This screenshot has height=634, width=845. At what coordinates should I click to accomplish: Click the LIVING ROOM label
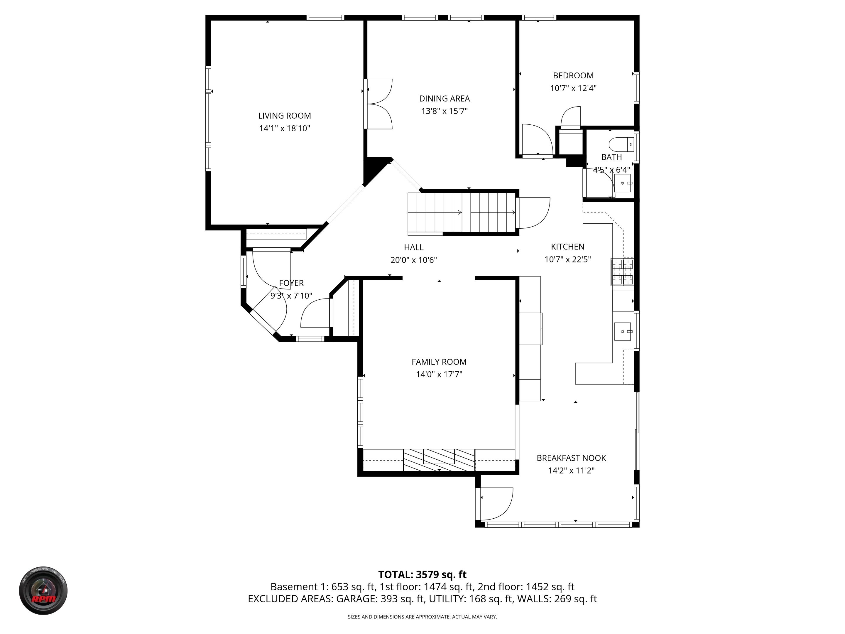pyautogui.click(x=284, y=115)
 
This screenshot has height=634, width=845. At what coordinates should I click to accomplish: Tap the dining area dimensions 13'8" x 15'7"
pyautogui.click(x=444, y=111)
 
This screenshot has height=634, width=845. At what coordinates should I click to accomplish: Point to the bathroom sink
pyautogui.click(x=622, y=183)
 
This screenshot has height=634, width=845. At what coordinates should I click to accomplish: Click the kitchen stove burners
pyautogui.click(x=622, y=272)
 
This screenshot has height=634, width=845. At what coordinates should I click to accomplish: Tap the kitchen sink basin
pyautogui.click(x=622, y=331)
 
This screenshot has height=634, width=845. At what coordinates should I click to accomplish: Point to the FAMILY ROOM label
pyautogui.click(x=439, y=362)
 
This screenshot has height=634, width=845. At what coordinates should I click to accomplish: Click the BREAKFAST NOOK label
pyautogui.click(x=571, y=458)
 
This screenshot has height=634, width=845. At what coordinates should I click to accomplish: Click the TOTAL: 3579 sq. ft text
pyautogui.click(x=422, y=575)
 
